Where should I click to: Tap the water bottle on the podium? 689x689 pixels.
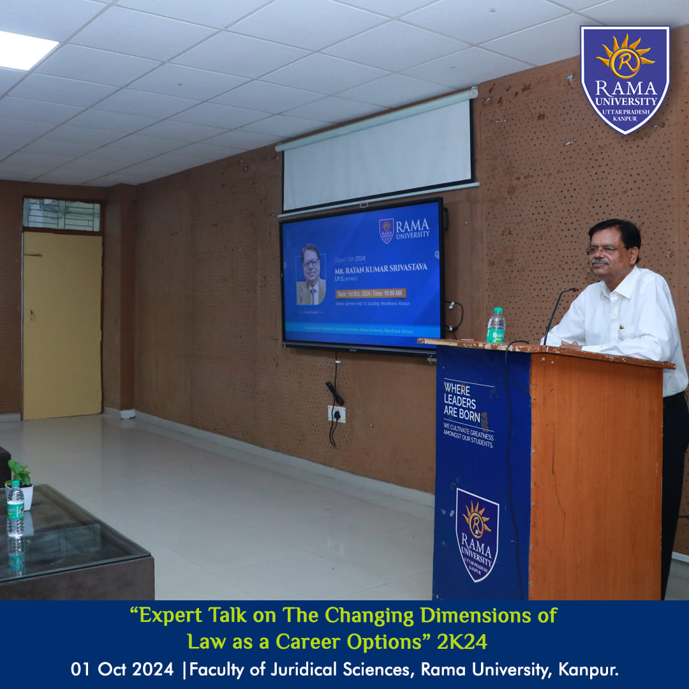pos(496,325)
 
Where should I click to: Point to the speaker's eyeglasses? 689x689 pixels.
pos(603,250)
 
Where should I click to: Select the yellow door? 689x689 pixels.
pos(63,325)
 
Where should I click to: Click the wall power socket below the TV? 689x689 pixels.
pos(337,414)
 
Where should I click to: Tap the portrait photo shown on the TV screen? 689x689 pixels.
pos(311,274)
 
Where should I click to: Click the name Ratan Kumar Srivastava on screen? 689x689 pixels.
pos(382,267)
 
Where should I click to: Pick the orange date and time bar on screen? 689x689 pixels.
pos(371,293)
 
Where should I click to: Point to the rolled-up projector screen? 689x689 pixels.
pos(378,153)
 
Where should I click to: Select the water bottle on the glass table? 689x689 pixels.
pos(15,510)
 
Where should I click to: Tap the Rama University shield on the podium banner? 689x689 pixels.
pos(477,535)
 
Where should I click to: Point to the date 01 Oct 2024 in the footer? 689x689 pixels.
pos(122,670)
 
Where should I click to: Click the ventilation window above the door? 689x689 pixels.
pos(62,215)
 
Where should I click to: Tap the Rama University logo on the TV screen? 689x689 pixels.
pos(404,230)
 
